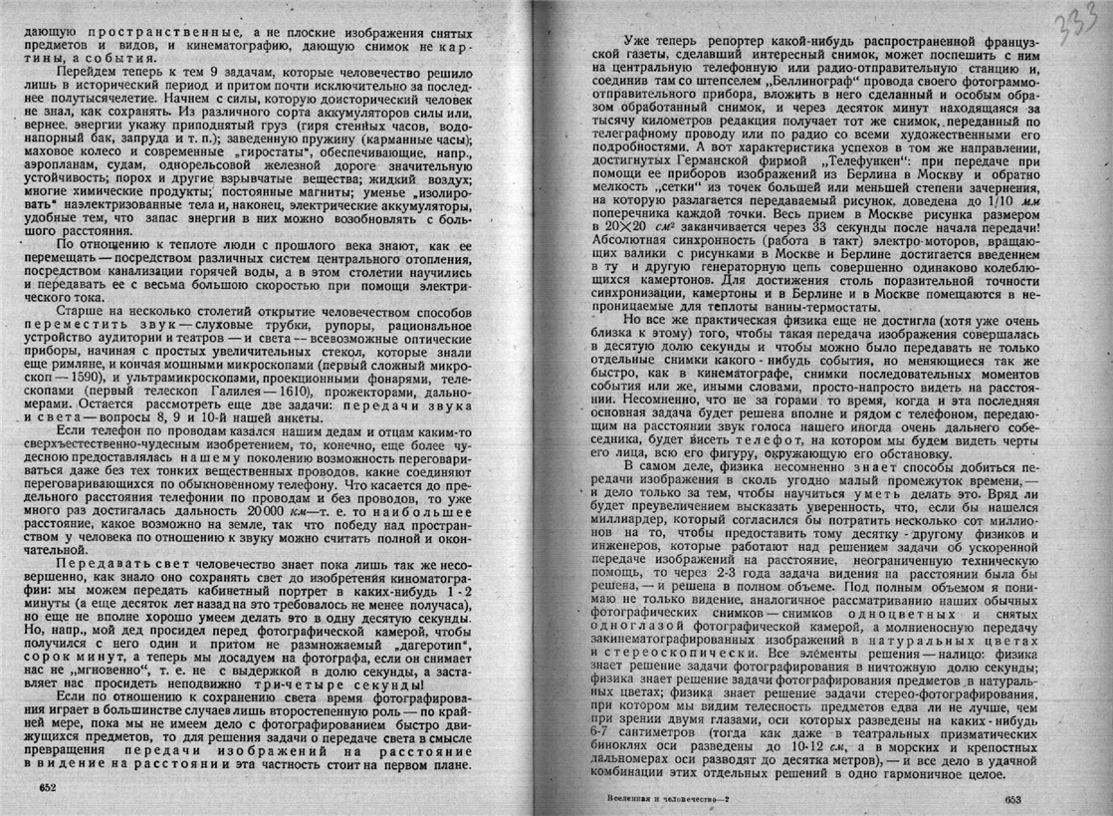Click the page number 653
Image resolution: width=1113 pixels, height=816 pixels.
coord(1012,799)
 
